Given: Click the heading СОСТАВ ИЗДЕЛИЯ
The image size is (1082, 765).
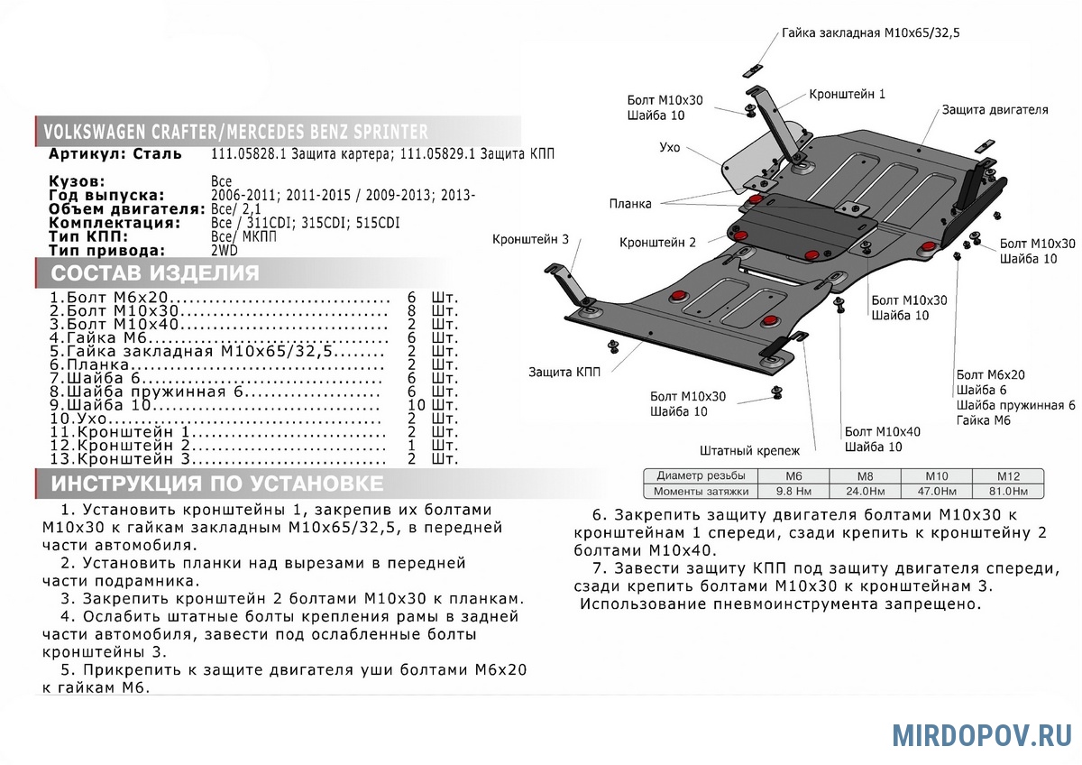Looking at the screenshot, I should coord(154,273).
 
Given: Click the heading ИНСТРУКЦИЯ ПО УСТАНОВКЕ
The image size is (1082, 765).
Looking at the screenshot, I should coord(216,484).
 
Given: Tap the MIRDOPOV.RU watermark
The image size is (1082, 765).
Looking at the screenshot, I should coord(982,734).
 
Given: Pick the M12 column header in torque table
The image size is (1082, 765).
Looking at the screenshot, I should coord(1007,475).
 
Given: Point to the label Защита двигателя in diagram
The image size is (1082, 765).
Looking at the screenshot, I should coord(995,109).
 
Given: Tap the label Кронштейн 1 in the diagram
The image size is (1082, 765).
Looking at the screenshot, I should coord(847,94).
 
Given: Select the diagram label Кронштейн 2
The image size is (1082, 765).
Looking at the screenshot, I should coord(657,243).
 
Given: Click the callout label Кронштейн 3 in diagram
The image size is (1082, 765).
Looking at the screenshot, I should coord(530,239).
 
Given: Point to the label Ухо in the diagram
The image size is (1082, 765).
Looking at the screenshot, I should coord(669,147).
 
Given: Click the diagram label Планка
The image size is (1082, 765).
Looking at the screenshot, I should coord(629,204).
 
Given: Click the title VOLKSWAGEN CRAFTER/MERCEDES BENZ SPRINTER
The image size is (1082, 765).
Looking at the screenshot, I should coord(236,133).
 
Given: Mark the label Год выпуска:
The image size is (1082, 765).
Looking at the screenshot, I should coord(106,195).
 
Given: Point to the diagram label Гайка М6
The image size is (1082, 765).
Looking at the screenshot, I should coord(984,420).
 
